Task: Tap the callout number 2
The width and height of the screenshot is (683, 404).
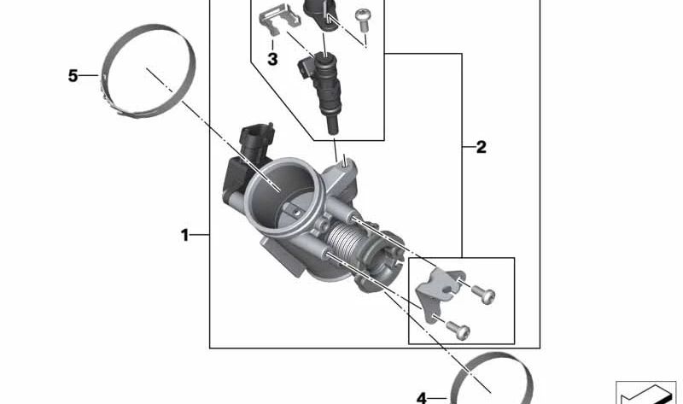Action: coord(481,147)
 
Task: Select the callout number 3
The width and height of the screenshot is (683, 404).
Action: coord(272,59)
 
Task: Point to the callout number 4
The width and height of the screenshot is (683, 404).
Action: coord(422,397)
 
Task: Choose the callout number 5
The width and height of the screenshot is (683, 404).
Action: coord(73,76)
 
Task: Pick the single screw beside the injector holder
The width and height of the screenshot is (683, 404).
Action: coord(362,16)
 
